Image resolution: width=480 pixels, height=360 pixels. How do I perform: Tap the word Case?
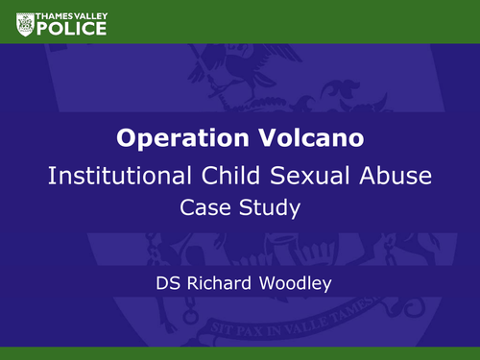[x=207, y=205]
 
